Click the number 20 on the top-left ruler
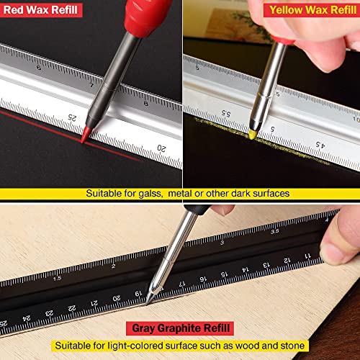tap(163, 148)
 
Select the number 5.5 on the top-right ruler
tap(224, 114)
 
